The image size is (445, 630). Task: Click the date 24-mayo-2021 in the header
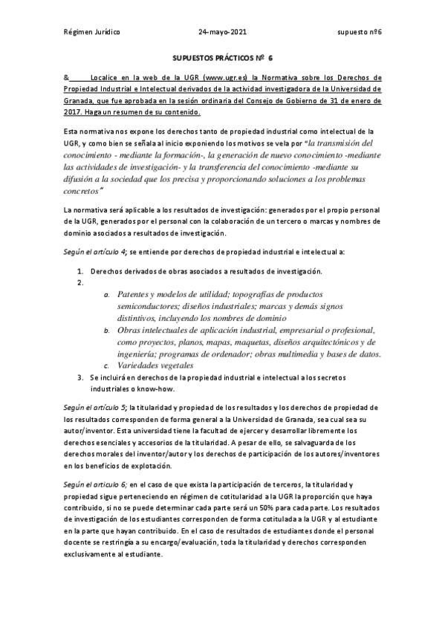pos(223,33)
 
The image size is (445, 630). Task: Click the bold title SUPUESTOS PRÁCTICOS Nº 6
pos(222,57)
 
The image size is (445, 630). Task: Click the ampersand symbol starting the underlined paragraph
pos(67,77)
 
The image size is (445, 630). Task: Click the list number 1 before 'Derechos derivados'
pos(81,270)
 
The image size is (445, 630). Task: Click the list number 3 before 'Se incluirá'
pos(81,377)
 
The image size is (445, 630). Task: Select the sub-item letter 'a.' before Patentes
pos(108,295)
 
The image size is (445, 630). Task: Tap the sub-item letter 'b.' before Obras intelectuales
pos(108,330)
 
